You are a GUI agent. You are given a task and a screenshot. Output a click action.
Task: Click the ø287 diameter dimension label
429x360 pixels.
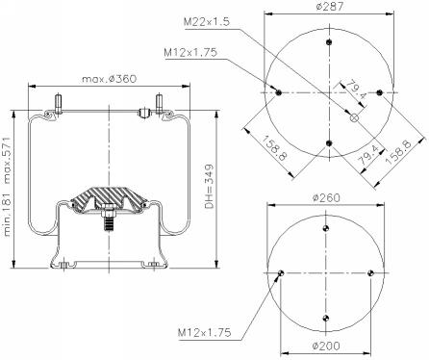[329, 7]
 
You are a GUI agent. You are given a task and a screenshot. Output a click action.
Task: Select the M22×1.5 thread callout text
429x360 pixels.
[207, 22]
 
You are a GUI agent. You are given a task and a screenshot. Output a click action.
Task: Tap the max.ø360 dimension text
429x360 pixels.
[110, 79]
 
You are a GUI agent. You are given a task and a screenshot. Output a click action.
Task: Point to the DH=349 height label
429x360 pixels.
[209, 187]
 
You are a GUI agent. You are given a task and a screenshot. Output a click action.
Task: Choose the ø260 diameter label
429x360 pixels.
[326, 197]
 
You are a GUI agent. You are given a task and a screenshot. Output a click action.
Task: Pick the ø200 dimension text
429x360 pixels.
[326, 346]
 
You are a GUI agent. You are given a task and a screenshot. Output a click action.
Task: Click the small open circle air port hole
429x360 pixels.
[354, 117]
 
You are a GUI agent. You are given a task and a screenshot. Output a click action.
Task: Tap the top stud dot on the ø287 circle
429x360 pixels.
[329, 42]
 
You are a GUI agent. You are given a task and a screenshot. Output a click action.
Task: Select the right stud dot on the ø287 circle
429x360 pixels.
[380, 92]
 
